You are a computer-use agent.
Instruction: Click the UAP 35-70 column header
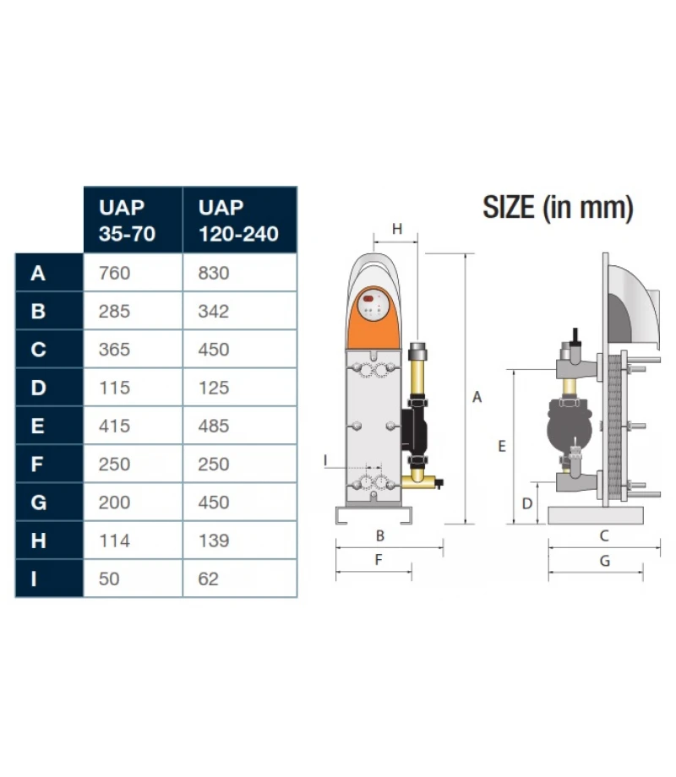(127, 220)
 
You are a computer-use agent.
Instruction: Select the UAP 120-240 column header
(238, 220)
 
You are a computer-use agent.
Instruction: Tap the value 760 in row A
(114, 273)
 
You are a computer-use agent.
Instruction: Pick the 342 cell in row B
(214, 311)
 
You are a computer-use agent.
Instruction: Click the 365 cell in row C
(114, 350)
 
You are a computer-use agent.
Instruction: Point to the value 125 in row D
(214, 388)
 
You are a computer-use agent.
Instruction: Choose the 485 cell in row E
(214, 426)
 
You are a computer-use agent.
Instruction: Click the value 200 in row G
(114, 503)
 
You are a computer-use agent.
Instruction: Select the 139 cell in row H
(214, 541)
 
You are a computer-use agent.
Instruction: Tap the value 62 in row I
(209, 579)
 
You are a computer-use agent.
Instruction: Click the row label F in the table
(36, 465)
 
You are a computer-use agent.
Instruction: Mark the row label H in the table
(38, 541)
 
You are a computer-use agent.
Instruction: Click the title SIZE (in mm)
(558, 208)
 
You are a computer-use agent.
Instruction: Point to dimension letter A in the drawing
(477, 397)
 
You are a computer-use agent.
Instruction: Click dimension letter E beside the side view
(502, 447)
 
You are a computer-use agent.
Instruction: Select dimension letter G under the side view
(604, 561)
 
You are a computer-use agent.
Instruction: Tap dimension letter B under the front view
(380, 535)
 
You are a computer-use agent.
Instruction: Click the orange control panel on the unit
(373, 318)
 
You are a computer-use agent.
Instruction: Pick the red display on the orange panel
(368, 298)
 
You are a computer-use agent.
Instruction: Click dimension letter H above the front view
(397, 229)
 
